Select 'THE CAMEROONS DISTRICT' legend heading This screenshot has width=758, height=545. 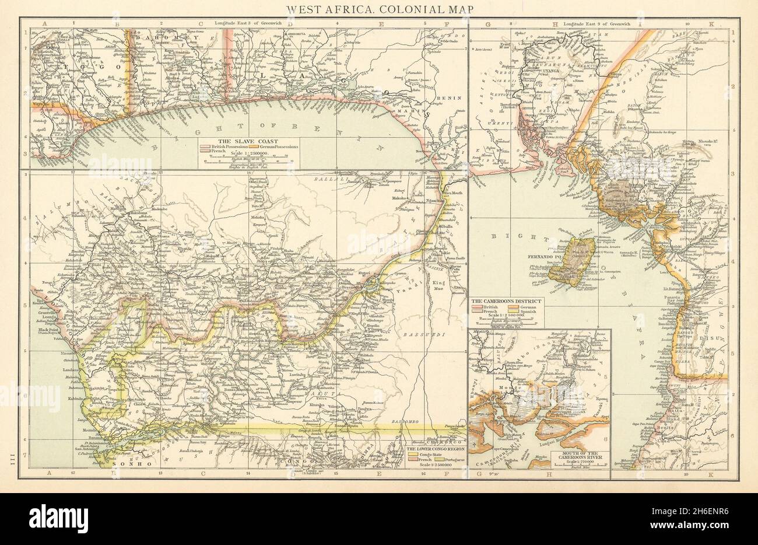(506, 301)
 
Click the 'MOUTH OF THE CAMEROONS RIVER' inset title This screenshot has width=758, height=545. (580, 453)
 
